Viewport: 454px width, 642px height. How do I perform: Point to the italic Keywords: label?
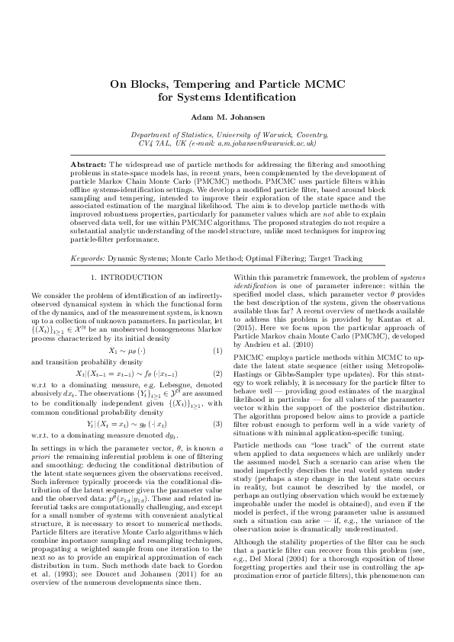click(87, 258)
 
